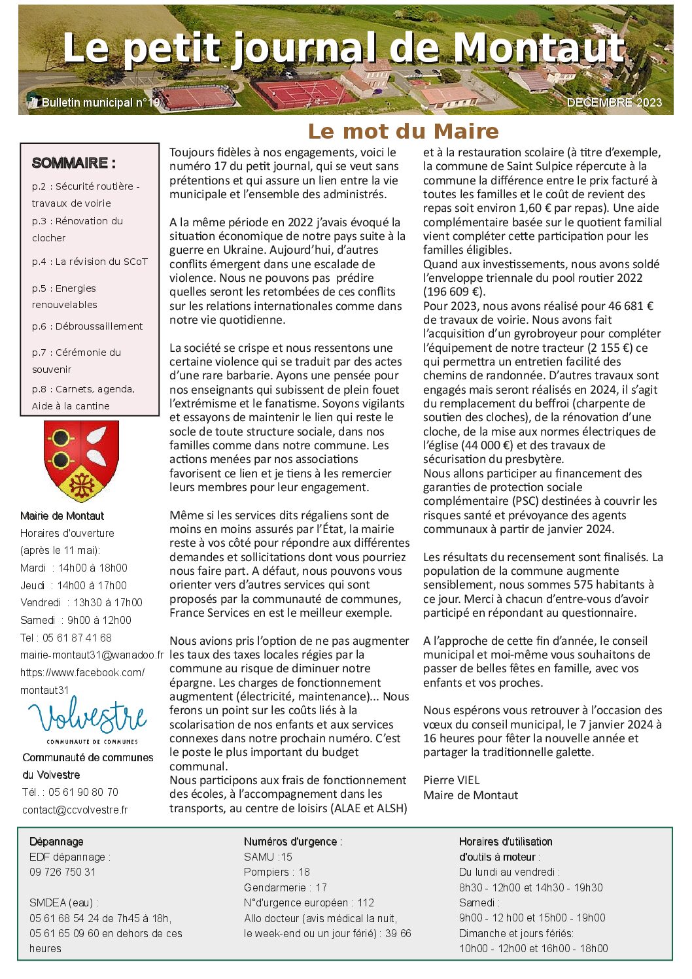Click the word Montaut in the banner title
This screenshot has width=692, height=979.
[x=539, y=48]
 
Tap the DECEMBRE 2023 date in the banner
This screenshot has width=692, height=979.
[x=614, y=103]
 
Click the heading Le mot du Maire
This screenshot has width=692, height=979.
[x=403, y=131]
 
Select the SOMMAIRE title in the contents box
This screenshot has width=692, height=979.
[x=73, y=163]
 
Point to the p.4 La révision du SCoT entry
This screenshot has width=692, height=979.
[x=90, y=262]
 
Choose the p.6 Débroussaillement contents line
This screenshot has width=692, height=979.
[x=87, y=326]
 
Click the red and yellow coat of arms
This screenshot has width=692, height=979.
[x=81, y=460]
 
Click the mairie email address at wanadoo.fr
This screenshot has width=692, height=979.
[x=92, y=655]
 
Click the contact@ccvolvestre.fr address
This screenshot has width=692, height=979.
[x=75, y=810]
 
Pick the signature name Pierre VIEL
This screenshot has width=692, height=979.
[x=451, y=780]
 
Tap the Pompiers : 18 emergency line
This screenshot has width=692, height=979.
[x=277, y=872]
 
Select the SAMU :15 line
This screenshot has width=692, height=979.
[x=268, y=857]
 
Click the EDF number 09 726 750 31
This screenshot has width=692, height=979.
[x=62, y=872]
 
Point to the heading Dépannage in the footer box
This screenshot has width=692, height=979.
[x=56, y=842]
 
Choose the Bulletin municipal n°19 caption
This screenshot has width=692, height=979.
[x=100, y=103]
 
